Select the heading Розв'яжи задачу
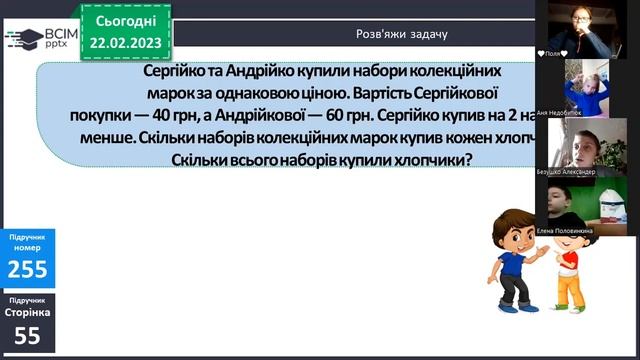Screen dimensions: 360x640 coord(402,34)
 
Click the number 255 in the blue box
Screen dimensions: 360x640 coord(27,268)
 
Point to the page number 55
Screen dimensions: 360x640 coord(27,337)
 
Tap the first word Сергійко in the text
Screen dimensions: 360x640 coord(174,74)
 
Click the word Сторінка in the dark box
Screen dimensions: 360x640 coord(27,313)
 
